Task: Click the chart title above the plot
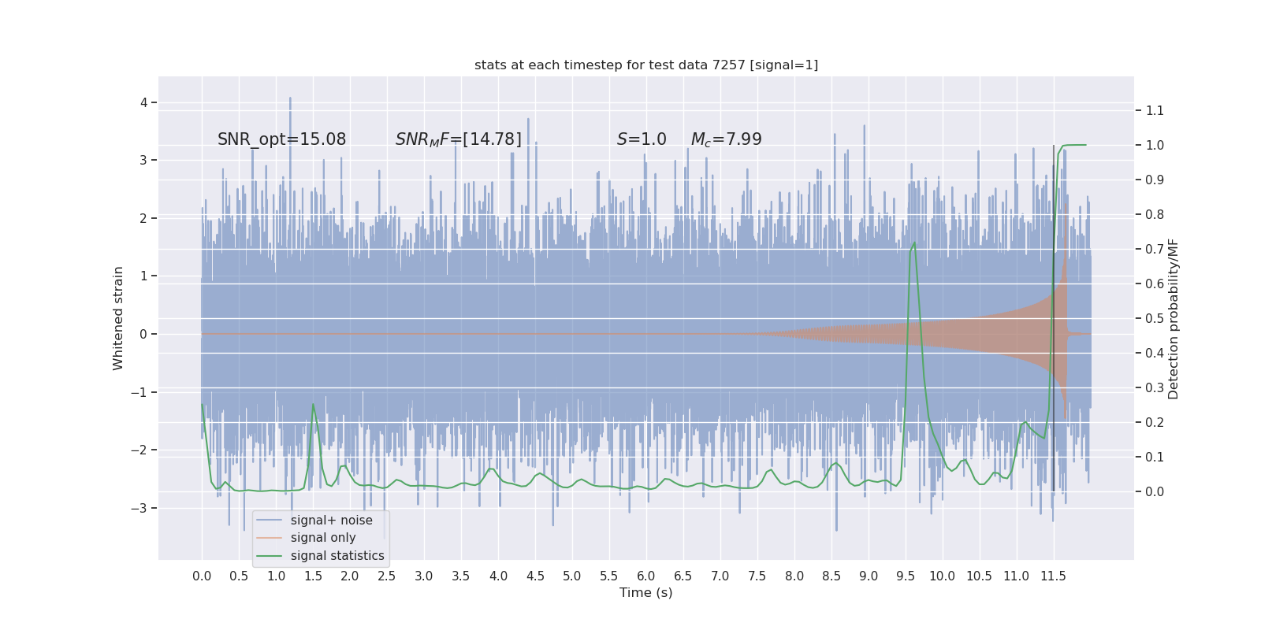pyautogui.click(x=646, y=65)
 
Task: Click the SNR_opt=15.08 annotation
pyautogui.click(x=281, y=139)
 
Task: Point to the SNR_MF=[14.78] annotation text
pyautogui.click(x=458, y=139)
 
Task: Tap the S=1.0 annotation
pyautogui.click(x=642, y=139)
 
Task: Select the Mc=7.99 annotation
pyautogui.click(x=726, y=139)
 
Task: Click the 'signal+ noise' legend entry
pyautogui.click(x=331, y=521)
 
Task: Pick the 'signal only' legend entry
pyautogui.click(x=323, y=538)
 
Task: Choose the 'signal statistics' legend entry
pyautogui.click(x=337, y=556)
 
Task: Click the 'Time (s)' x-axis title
pyautogui.click(x=645, y=593)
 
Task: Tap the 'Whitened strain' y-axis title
pyautogui.click(x=118, y=318)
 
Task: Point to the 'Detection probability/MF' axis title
pyautogui.click(x=1174, y=318)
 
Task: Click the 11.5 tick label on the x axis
pyautogui.click(x=1053, y=576)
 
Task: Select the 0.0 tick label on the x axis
pyautogui.click(x=202, y=576)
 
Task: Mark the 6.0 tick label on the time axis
pyautogui.click(x=646, y=576)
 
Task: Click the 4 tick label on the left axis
pyautogui.click(x=144, y=102)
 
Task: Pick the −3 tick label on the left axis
pyautogui.click(x=140, y=508)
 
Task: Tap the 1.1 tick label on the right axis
pyautogui.click(x=1155, y=110)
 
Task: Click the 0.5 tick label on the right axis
pyautogui.click(x=1155, y=318)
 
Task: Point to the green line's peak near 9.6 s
pyautogui.click(x=914, y=243)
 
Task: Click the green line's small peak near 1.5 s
pyautogui.click(x=313, y=405)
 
